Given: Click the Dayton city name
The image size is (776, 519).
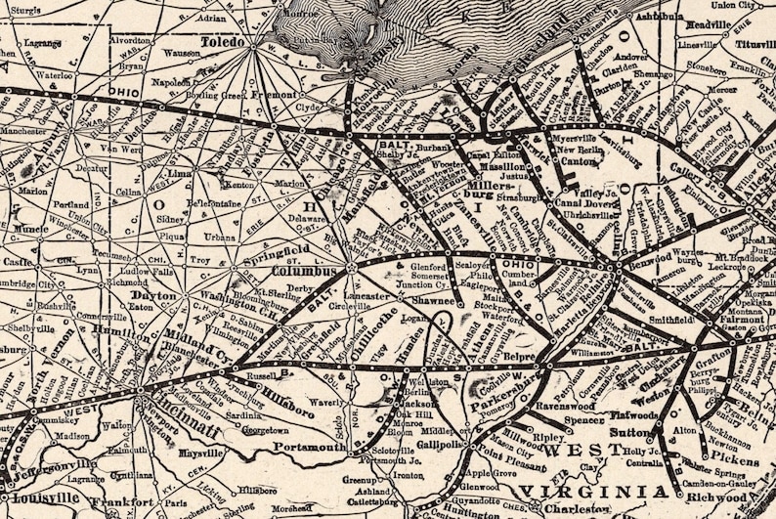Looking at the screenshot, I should click(x=154, y=294).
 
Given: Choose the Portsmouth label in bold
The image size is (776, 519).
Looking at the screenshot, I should click(x=308, y=447).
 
